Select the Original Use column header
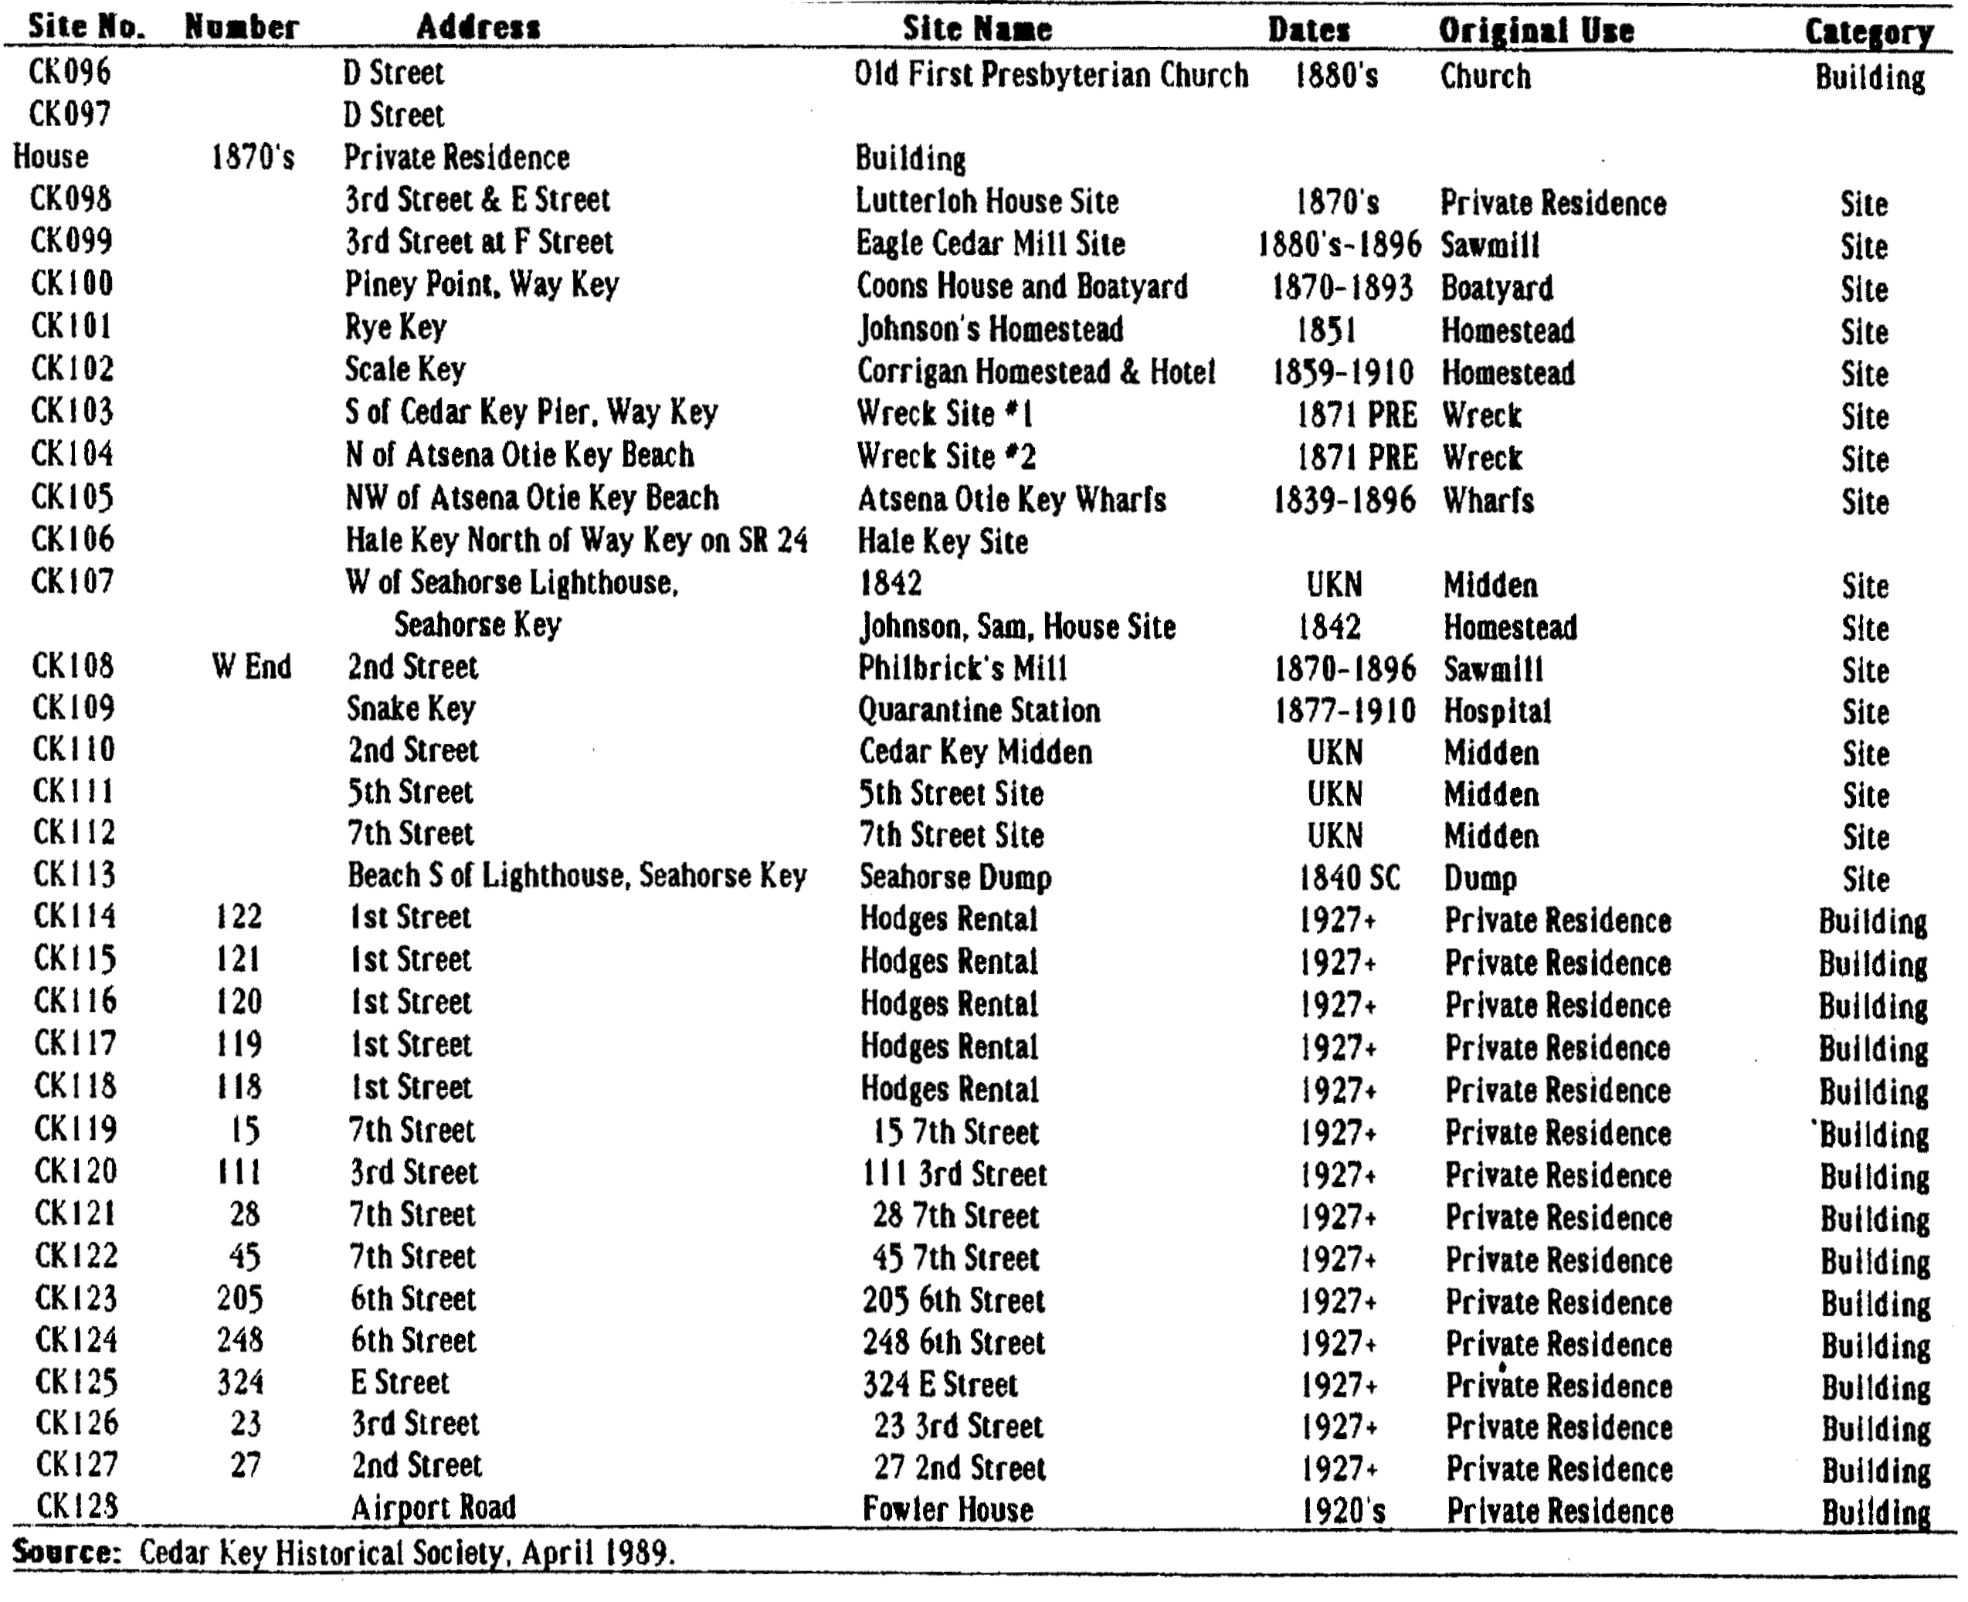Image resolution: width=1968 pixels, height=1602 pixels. [x=1536, y=30]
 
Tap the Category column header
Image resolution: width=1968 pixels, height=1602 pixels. [x=1869, y=32]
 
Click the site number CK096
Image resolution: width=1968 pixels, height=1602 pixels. [x=70, y=71]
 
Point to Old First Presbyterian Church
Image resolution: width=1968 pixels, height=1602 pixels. [x=1051, y=75]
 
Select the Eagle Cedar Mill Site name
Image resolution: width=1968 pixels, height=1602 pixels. [x=990, y=243]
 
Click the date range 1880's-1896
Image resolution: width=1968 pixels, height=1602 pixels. [x=1339, y=245]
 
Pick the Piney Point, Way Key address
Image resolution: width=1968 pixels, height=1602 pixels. [x=482, y=284]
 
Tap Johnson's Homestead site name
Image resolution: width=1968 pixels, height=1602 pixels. [x=991, y=328]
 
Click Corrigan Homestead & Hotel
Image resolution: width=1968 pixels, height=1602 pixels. [x=1036, y=371]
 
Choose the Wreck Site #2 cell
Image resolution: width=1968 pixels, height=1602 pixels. [x=947, y=456]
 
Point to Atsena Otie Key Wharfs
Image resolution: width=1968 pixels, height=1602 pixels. [x=1011, y=499]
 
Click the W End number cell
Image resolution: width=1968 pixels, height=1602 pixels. [x=251, y=667]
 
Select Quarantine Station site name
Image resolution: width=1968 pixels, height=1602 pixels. [x=979, y=710]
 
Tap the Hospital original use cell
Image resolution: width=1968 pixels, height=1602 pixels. [x=1498, y=711]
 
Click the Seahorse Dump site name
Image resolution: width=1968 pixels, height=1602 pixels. [x=955, y=877]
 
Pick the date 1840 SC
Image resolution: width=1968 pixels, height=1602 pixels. [x=1349, y=877]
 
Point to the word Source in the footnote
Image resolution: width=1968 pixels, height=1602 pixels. [x=66, y=1552]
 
